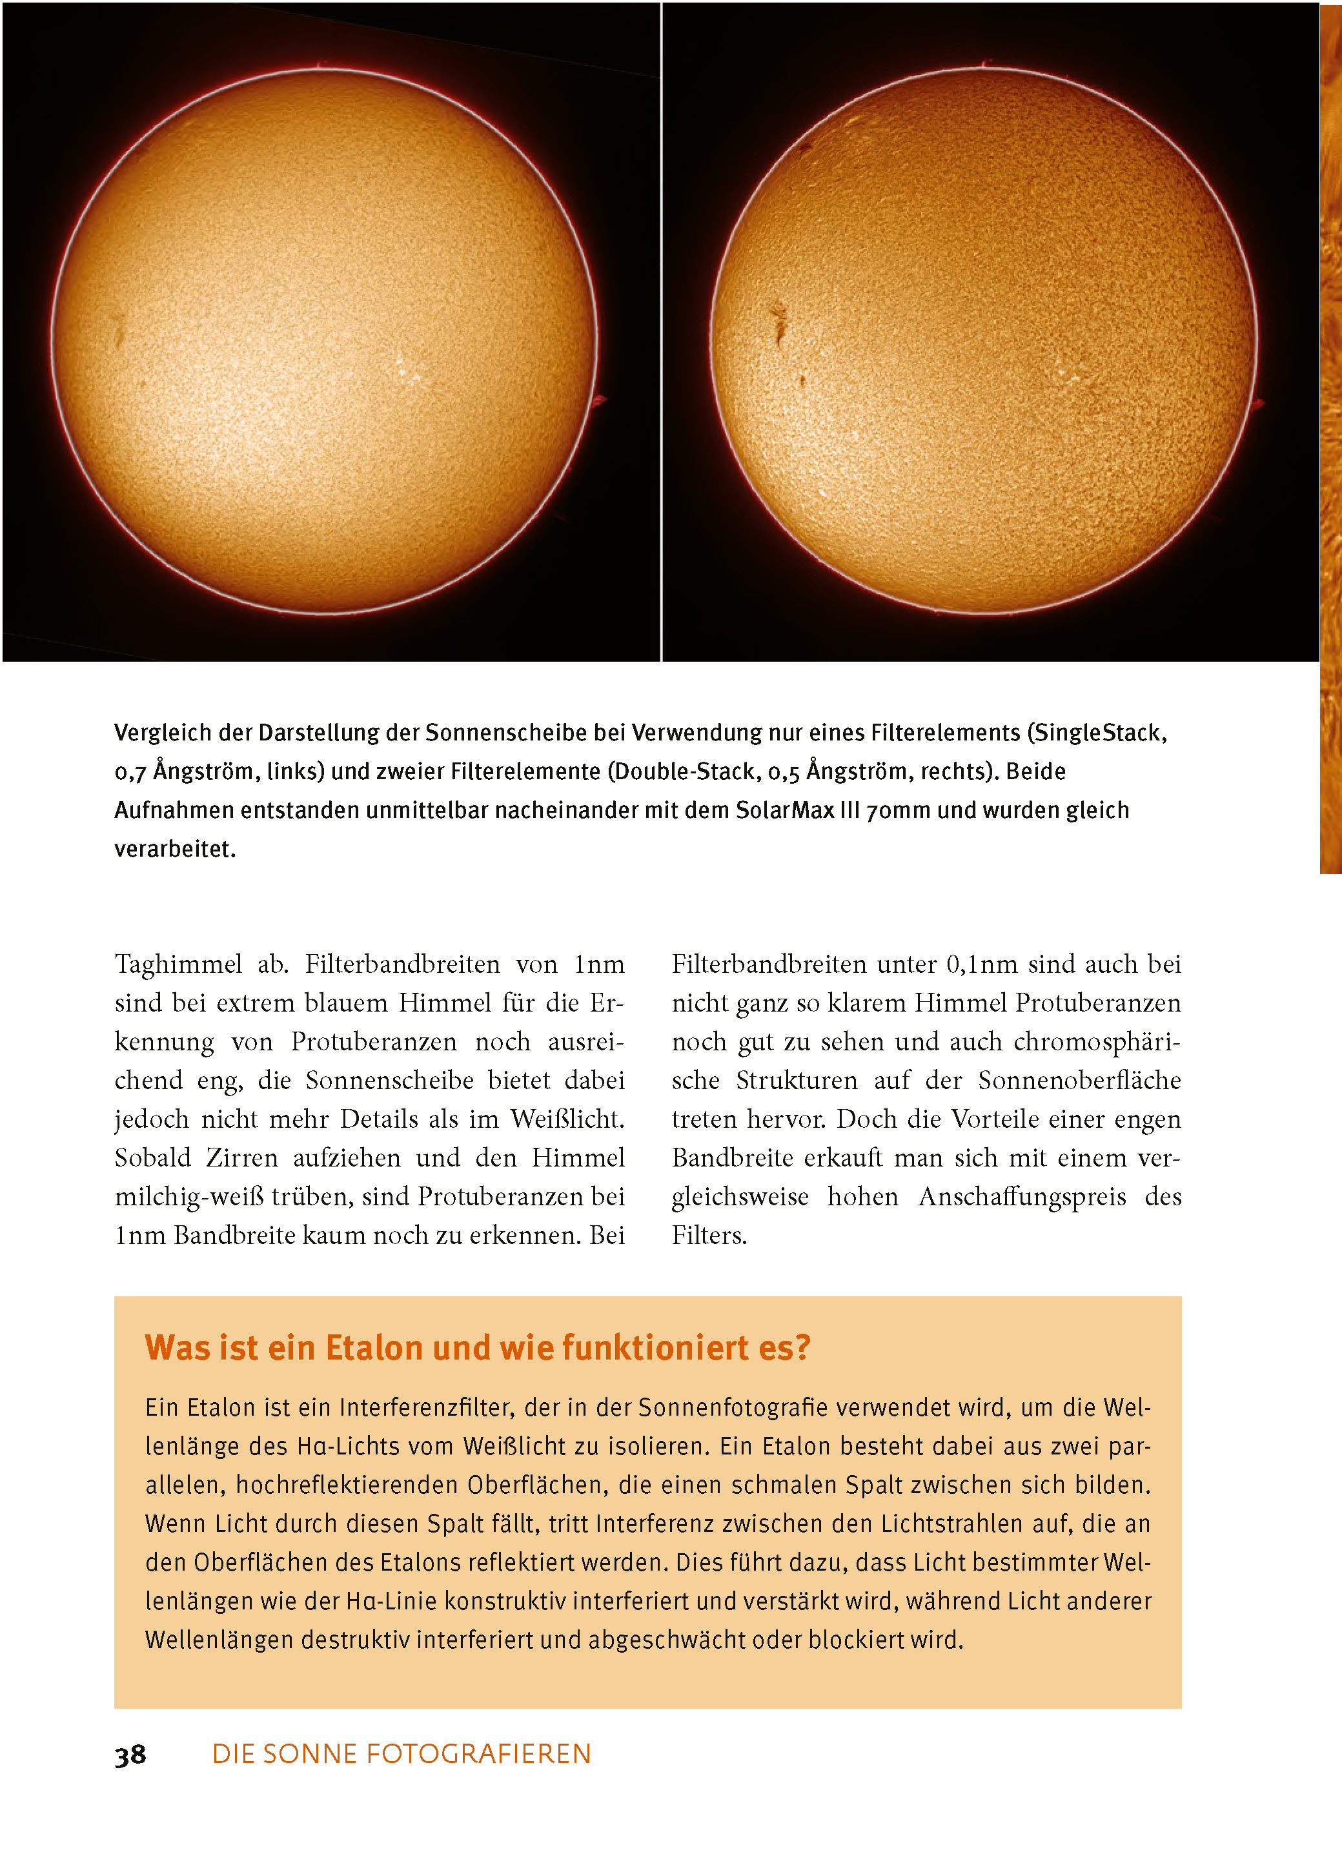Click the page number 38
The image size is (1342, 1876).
(x=130, y=1754)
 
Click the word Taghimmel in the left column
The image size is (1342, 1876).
(x=179, y=964)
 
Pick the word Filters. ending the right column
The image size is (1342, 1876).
(x=709, y=1236)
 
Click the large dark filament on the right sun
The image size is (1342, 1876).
(x=778, y=324)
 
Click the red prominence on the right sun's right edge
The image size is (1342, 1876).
(x=1259, y=405)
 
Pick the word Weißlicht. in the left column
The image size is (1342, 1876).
(x=567, y=1119)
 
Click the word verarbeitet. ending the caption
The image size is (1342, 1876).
(x=175, y=849)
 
